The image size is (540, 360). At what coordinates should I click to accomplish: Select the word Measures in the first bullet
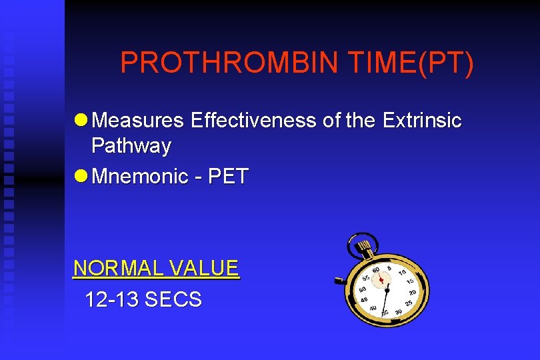coord(137,121)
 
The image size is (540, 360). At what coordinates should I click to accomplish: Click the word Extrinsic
coord(421,121)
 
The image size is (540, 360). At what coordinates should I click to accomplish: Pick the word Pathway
coord(131,145)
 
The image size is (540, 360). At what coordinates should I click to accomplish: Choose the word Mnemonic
coord(139,177)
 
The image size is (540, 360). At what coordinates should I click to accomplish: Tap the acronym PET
coord(229,177)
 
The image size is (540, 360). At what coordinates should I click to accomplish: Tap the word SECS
coord(173,300)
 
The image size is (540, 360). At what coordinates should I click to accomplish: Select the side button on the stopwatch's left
coord(339,280)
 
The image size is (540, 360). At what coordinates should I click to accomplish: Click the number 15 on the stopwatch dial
coord(409,281)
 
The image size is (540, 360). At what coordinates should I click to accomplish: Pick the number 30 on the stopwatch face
coord(398,311)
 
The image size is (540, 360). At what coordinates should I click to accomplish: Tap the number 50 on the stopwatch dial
coord(363,289)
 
